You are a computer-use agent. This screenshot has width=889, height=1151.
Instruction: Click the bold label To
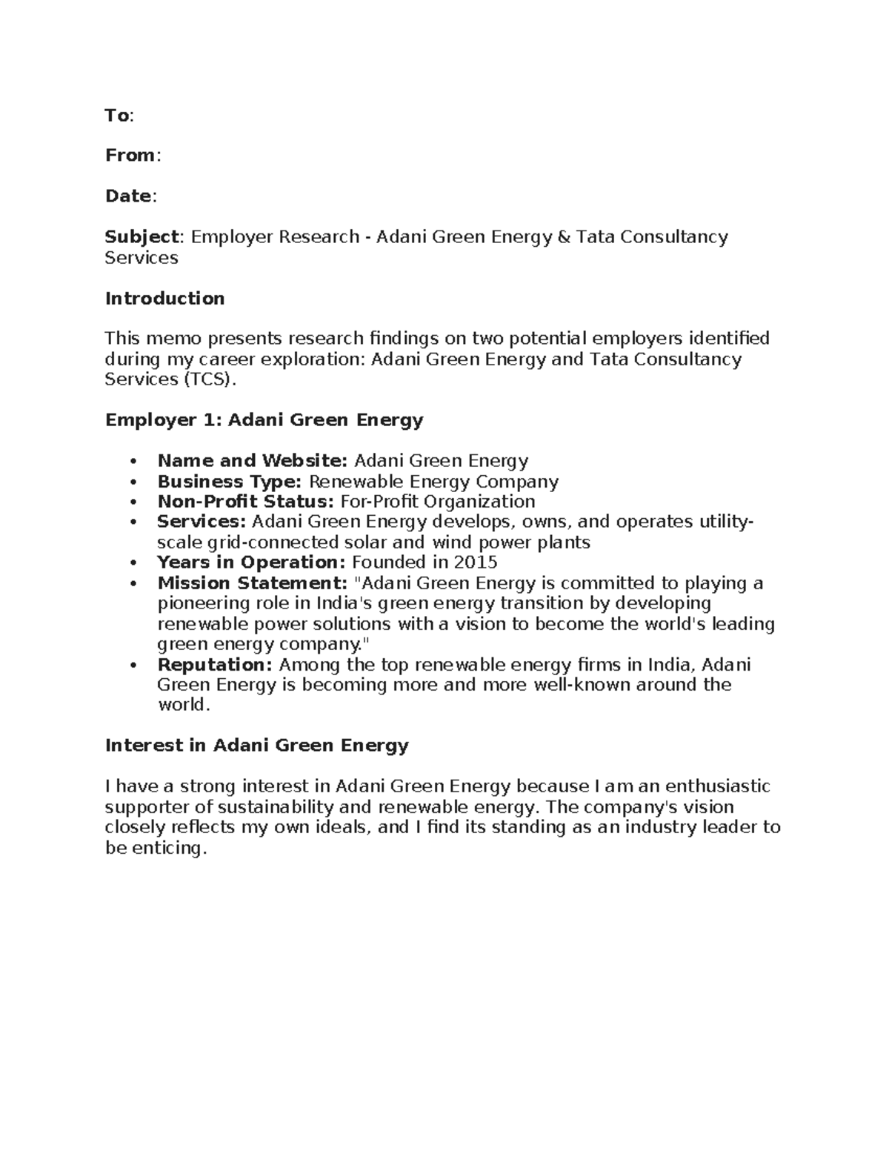(117, 116)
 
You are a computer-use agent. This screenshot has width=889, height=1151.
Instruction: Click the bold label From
(130, 156)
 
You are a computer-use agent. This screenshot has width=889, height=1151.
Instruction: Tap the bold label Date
(128, 196)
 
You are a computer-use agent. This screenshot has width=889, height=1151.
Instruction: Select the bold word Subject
(141, 237)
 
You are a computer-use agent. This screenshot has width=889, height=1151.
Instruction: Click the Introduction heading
(164, 299)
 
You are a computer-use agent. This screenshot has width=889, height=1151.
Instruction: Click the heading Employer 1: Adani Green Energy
(264, 420)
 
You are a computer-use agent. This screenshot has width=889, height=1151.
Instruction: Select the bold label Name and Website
(252, 461)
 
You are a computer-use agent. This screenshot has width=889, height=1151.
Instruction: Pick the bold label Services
(201, 522)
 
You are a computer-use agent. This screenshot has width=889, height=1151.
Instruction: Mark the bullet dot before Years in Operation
(133, 563)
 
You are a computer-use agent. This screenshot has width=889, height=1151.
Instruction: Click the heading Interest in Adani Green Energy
(256, 746)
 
